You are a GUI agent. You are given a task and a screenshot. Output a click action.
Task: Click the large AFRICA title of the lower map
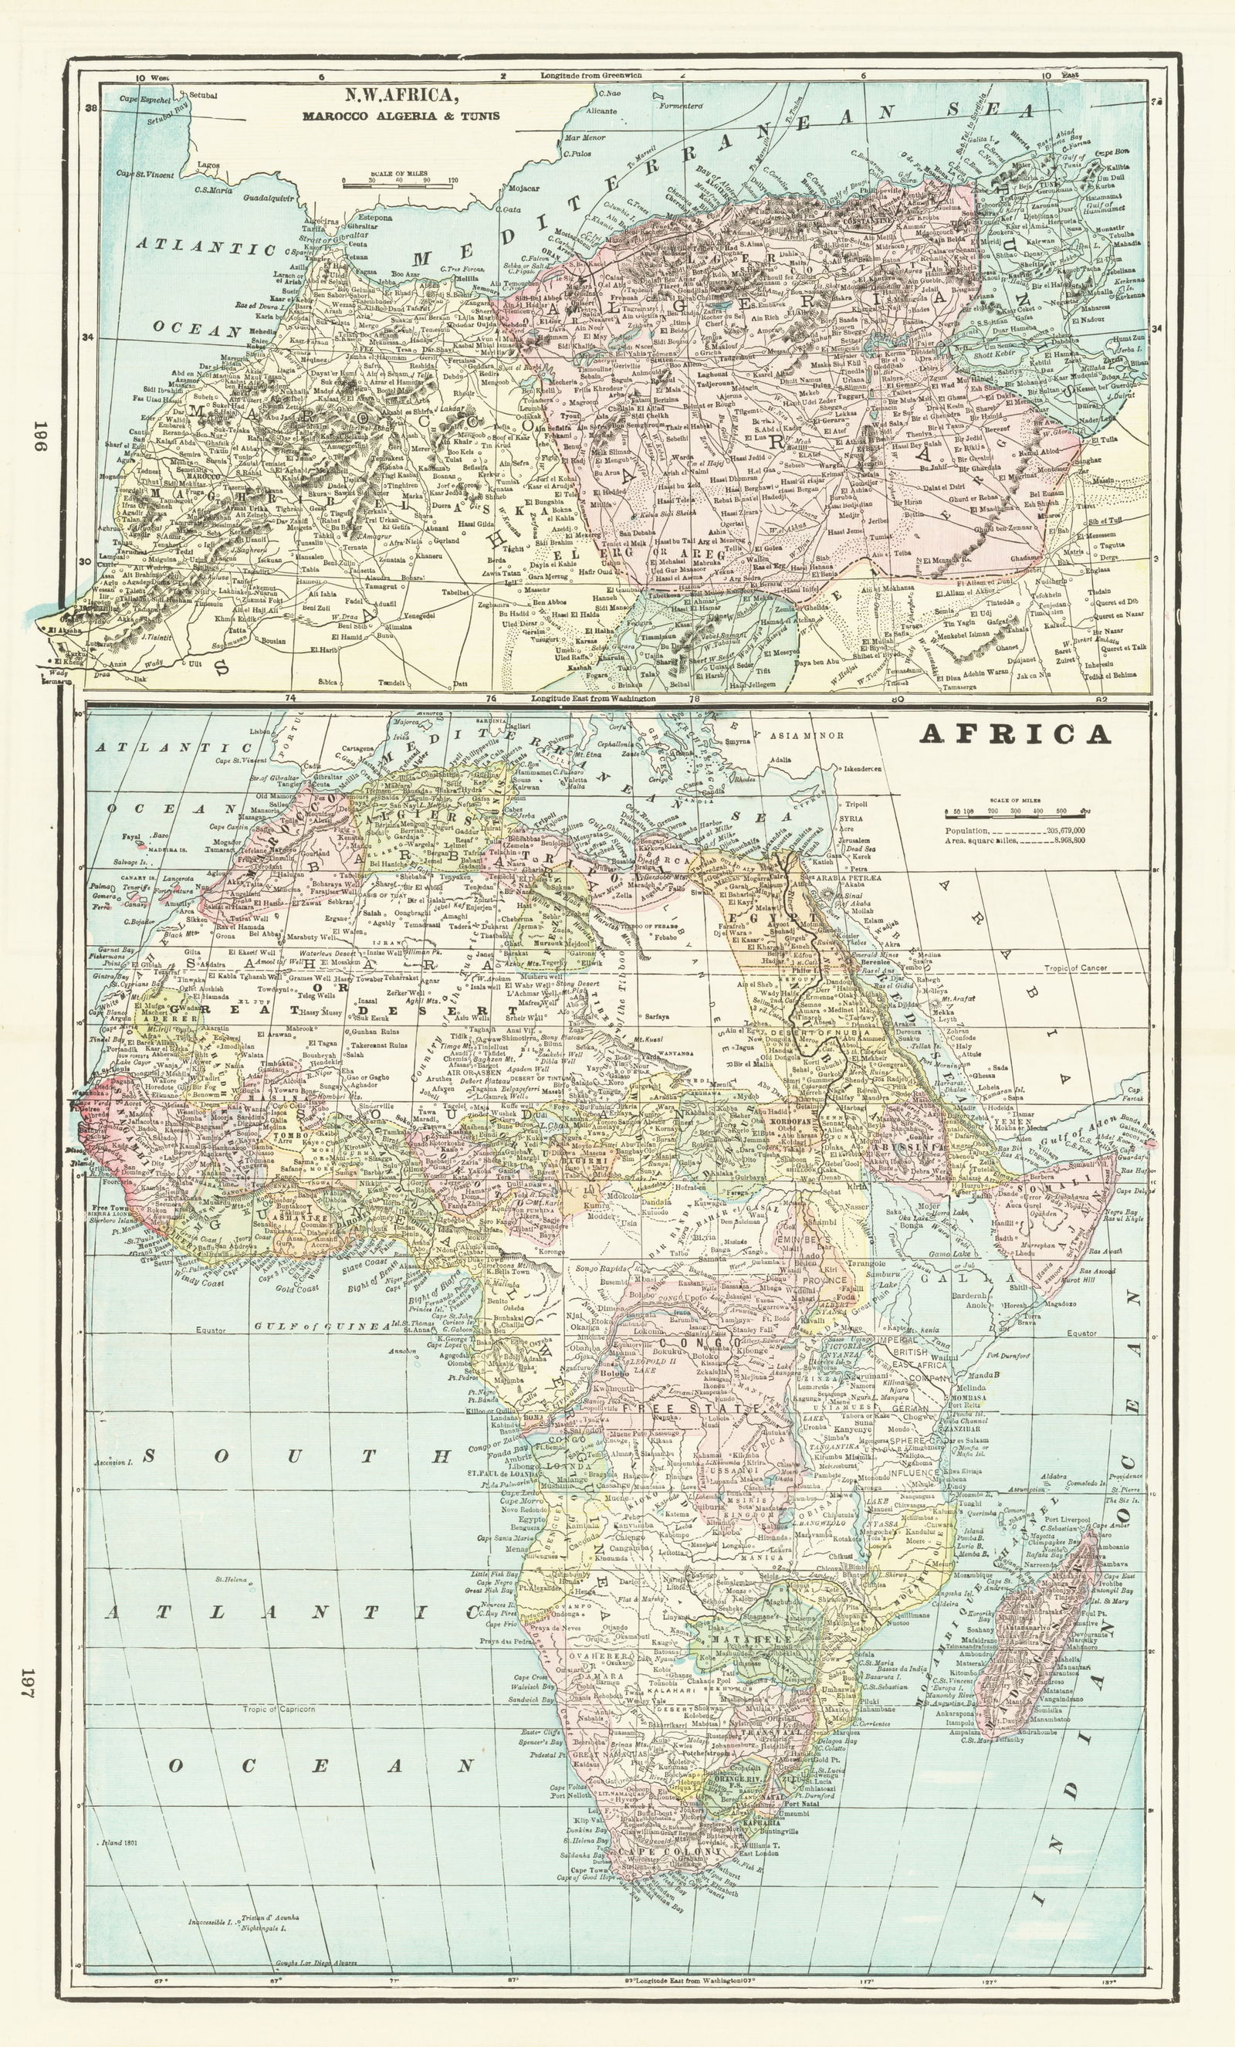[1014, 734]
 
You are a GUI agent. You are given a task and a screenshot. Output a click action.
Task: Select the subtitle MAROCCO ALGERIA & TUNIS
[401, 116]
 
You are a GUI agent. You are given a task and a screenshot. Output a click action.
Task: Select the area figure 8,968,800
[1067, 842]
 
